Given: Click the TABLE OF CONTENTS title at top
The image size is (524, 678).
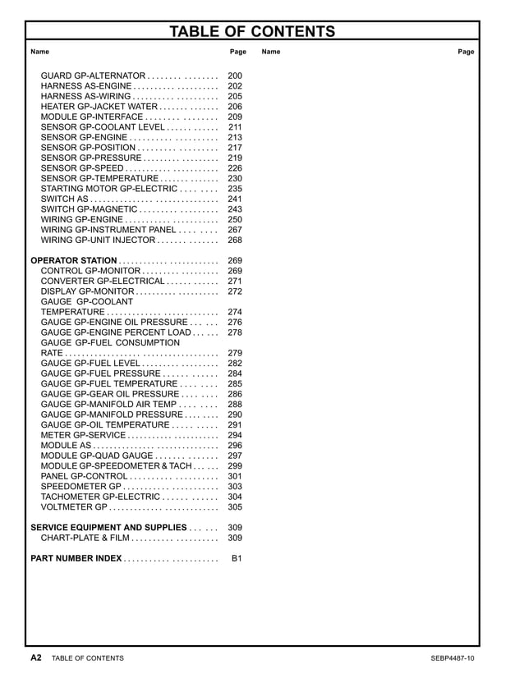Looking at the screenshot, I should pos(252,32).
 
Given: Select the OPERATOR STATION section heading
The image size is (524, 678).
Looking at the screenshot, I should pos(74,261).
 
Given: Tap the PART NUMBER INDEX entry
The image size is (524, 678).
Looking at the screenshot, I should pos(76,559).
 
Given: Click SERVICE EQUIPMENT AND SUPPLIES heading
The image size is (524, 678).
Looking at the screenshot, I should pos(108,528).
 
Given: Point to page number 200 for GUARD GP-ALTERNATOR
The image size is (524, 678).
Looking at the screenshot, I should pos(235,76).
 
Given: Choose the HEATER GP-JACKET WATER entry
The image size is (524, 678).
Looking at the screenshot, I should pos(99,107).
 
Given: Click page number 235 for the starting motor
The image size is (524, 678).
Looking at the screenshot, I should pos(235,189).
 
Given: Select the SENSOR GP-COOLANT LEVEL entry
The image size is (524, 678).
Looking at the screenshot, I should pos(103,127).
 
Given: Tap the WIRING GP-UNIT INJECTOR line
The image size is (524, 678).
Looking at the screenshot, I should pos(98,241).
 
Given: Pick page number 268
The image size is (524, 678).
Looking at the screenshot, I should pos(235,241).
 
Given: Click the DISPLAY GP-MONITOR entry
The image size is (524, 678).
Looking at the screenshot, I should pos(87,291).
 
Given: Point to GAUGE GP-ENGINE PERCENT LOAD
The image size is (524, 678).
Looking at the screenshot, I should pos(116,332).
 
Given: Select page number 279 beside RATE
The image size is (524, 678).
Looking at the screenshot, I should pos(235,353).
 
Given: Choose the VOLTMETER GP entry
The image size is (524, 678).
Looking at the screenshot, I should pos(74,507).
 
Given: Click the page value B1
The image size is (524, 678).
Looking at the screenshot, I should pos(237,559).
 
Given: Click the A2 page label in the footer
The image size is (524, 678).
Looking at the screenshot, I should pos(36,658).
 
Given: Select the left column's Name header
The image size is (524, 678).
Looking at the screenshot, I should pos(39,52).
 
